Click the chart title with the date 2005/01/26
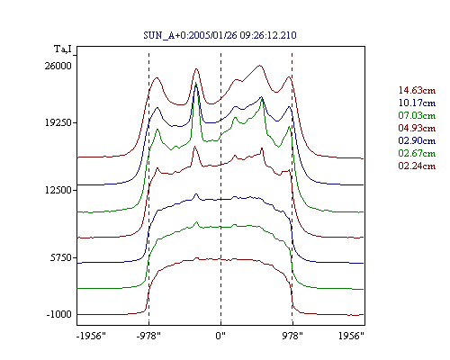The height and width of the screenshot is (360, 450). point(220,35)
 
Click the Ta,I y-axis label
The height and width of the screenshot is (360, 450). point(63,49)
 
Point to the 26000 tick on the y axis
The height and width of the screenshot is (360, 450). point(58,66)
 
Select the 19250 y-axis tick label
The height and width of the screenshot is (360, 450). point(58,122)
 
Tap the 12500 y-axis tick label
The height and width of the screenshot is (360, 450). point(58,190)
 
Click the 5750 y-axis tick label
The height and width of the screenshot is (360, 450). point(61,257)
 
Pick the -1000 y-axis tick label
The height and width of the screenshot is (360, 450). point(59,314)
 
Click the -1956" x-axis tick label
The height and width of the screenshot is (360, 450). point(91,336)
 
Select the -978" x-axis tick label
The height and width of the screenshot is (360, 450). point(148,336)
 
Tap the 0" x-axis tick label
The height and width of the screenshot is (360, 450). point(220,336)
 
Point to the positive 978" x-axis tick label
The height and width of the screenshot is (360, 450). point(292,336)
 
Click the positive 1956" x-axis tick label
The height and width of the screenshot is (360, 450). point(351,336)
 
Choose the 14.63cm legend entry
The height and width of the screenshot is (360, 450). point(417,90)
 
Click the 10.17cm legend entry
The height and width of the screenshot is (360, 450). point(417,103)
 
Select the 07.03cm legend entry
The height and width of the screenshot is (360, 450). point(417,115)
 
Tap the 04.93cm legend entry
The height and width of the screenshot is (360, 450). point(417,128)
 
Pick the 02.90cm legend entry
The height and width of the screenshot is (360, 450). point(417,140)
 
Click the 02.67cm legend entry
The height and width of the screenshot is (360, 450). point(417,153)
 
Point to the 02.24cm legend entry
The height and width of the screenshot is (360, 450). point(417,166)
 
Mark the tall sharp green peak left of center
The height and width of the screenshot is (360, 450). point(196,83)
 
